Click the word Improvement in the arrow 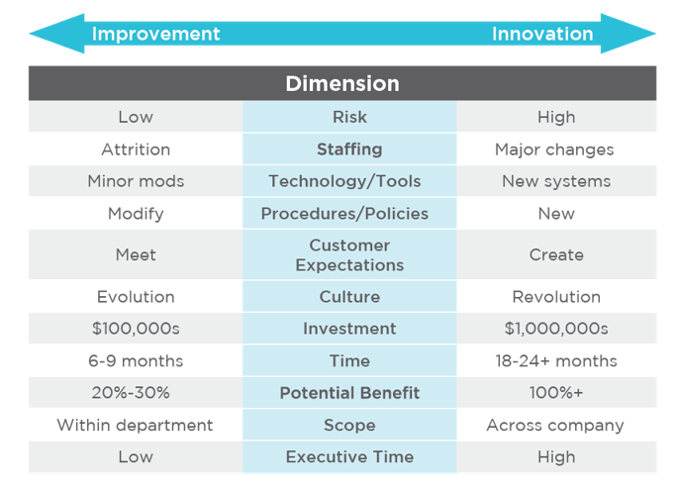tap(155, 34)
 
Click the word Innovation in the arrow tap(542, 34)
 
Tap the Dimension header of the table tap(342, 84)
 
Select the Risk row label tap(349, 117)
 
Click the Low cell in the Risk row tap(136, 117)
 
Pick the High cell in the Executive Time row tap(556, 456)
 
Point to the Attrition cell tap(136, 149)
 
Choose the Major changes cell tap(554, 149)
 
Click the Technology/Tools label tap(344, 181)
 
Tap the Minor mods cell tap(136, 181)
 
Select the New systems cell tap(556, 181)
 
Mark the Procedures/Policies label tap(344, 214)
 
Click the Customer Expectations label tap(349, 255)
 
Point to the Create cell tap(556, 255)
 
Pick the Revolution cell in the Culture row tap(556, 297)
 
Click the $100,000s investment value tap(136, 329)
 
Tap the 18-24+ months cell tap(556, 360)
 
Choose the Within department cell tap(135, 425)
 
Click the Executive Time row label tap(349, 456)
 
